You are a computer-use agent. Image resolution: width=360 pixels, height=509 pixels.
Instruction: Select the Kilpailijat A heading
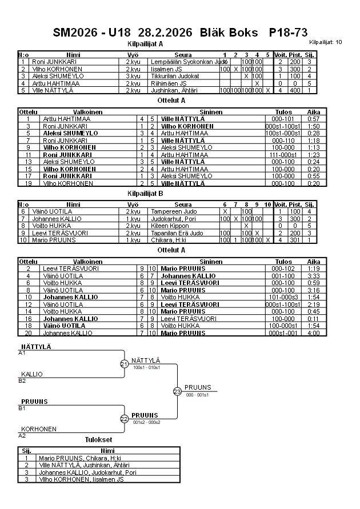tap(145, 43)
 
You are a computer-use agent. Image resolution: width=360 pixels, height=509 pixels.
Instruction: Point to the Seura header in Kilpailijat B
tap(183, 204)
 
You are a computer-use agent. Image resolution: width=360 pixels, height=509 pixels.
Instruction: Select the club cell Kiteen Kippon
tap(170, 226)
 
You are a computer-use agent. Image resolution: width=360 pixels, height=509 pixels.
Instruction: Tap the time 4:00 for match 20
tap(314, 332)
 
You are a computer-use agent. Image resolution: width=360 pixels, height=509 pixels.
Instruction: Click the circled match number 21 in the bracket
tap(125, 364)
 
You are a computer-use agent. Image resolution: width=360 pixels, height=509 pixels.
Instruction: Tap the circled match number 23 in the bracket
tap(177, 391)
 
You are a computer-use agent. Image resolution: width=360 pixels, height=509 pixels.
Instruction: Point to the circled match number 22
tap(125, 419)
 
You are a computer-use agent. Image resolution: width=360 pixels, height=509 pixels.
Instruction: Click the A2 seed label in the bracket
tap(22, 435)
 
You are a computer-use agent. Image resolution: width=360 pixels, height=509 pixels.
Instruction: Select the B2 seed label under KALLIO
tap(22, 380)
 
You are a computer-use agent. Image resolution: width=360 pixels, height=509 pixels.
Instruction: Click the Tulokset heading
tap(98, 440)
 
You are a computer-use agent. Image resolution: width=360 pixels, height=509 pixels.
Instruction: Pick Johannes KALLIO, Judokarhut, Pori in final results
tap(87, 472)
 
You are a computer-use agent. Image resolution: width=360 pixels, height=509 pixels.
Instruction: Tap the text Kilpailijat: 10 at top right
tap(326, 42)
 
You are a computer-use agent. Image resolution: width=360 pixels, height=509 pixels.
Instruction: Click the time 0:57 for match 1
tap(314, 119)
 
